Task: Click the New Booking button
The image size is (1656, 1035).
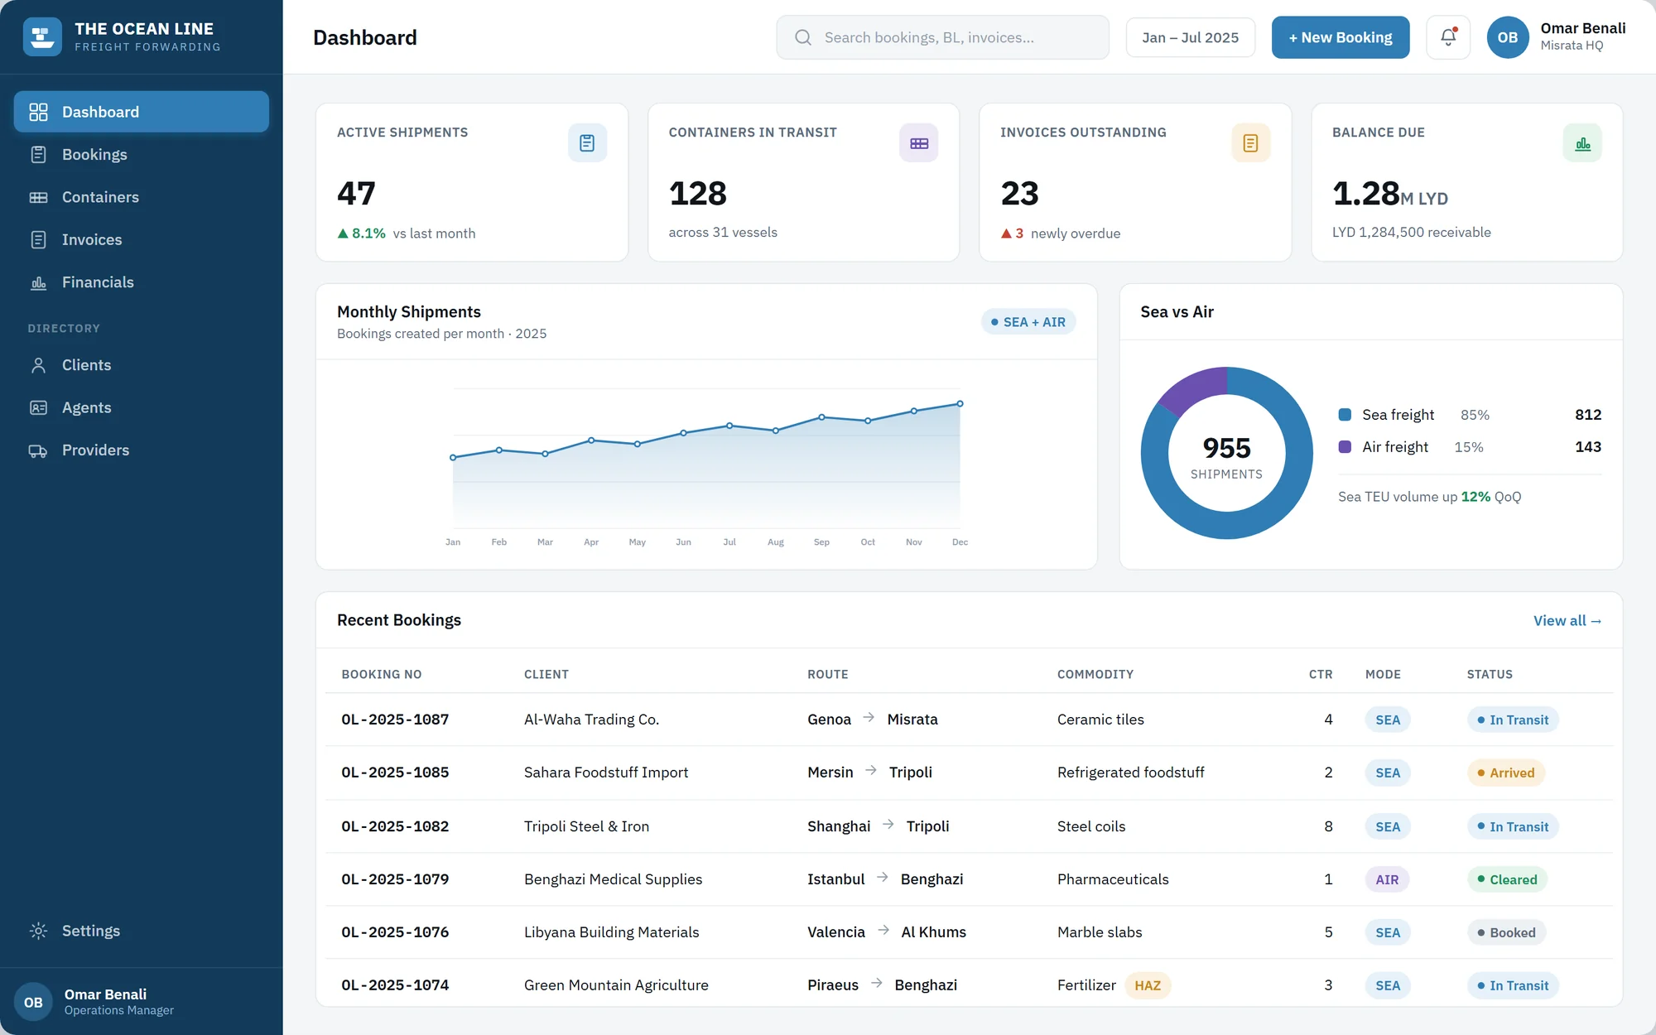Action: click(x=1341, y=37)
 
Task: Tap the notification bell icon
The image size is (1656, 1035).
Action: click(x=1448, y=37)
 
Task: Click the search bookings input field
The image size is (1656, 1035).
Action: click(x=942, y=37)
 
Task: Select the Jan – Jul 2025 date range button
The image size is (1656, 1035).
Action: click(x=1190, y=37)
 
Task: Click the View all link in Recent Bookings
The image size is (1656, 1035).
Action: click(x=1567, y=620)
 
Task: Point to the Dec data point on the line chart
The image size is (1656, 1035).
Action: click(x=960, y=404)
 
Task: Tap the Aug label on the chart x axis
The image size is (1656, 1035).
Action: click(x=776, y=542)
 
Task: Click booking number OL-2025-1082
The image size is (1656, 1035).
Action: click(x=395, y=826)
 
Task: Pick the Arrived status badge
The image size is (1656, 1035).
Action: click(x=1506, y=773)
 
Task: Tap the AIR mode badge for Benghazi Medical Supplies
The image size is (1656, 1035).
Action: click(x=1387, y=879)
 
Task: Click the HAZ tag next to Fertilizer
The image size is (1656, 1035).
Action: click(x=1148, y=985)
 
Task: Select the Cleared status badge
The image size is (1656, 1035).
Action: click(x=1507, y=879)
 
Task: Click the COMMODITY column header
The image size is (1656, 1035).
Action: click(x=1095, y=674)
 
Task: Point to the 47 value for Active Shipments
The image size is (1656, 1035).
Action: click(x=356, y=194)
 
